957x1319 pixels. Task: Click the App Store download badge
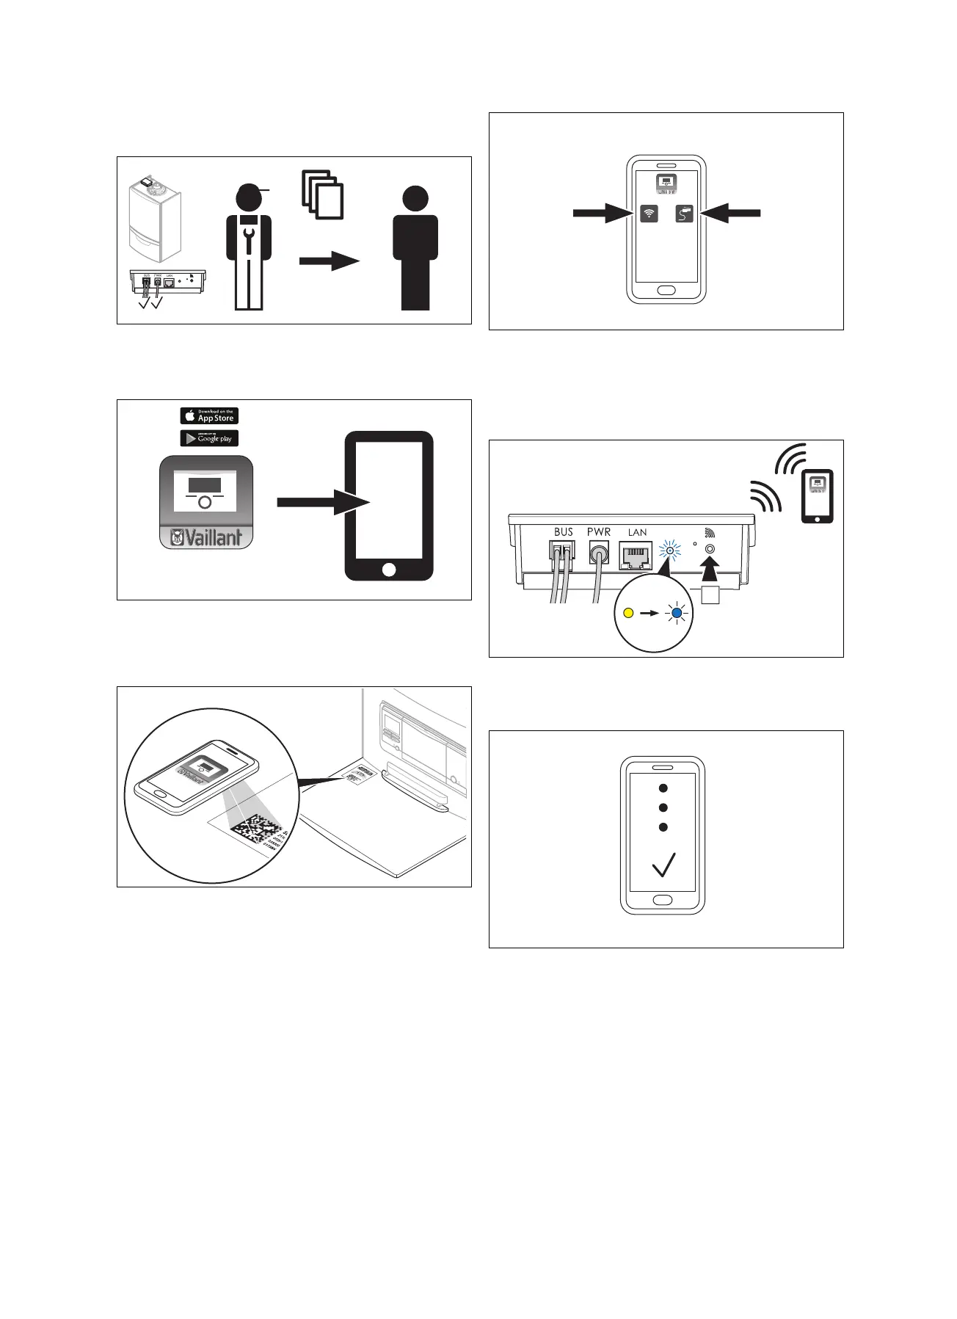[209, 415]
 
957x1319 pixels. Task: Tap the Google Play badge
[209, 438]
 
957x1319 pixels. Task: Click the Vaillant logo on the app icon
[206, 537]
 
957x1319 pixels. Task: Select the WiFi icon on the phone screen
[649, 214]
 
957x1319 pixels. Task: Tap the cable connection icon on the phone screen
[684, 214]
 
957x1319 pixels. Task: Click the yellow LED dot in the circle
[628, 613]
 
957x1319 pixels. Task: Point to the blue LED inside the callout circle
[677, 613]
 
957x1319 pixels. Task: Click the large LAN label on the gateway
[637, 532]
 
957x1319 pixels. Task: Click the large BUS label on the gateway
[564, 532]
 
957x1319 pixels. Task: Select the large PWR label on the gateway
[599, 532]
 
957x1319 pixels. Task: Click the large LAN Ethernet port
[636, 556]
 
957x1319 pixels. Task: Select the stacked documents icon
[323, 195]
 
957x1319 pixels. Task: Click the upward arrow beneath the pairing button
[710, 571]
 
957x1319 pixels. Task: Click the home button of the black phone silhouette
[389, 570]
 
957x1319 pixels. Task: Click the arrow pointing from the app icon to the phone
[323, 503]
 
